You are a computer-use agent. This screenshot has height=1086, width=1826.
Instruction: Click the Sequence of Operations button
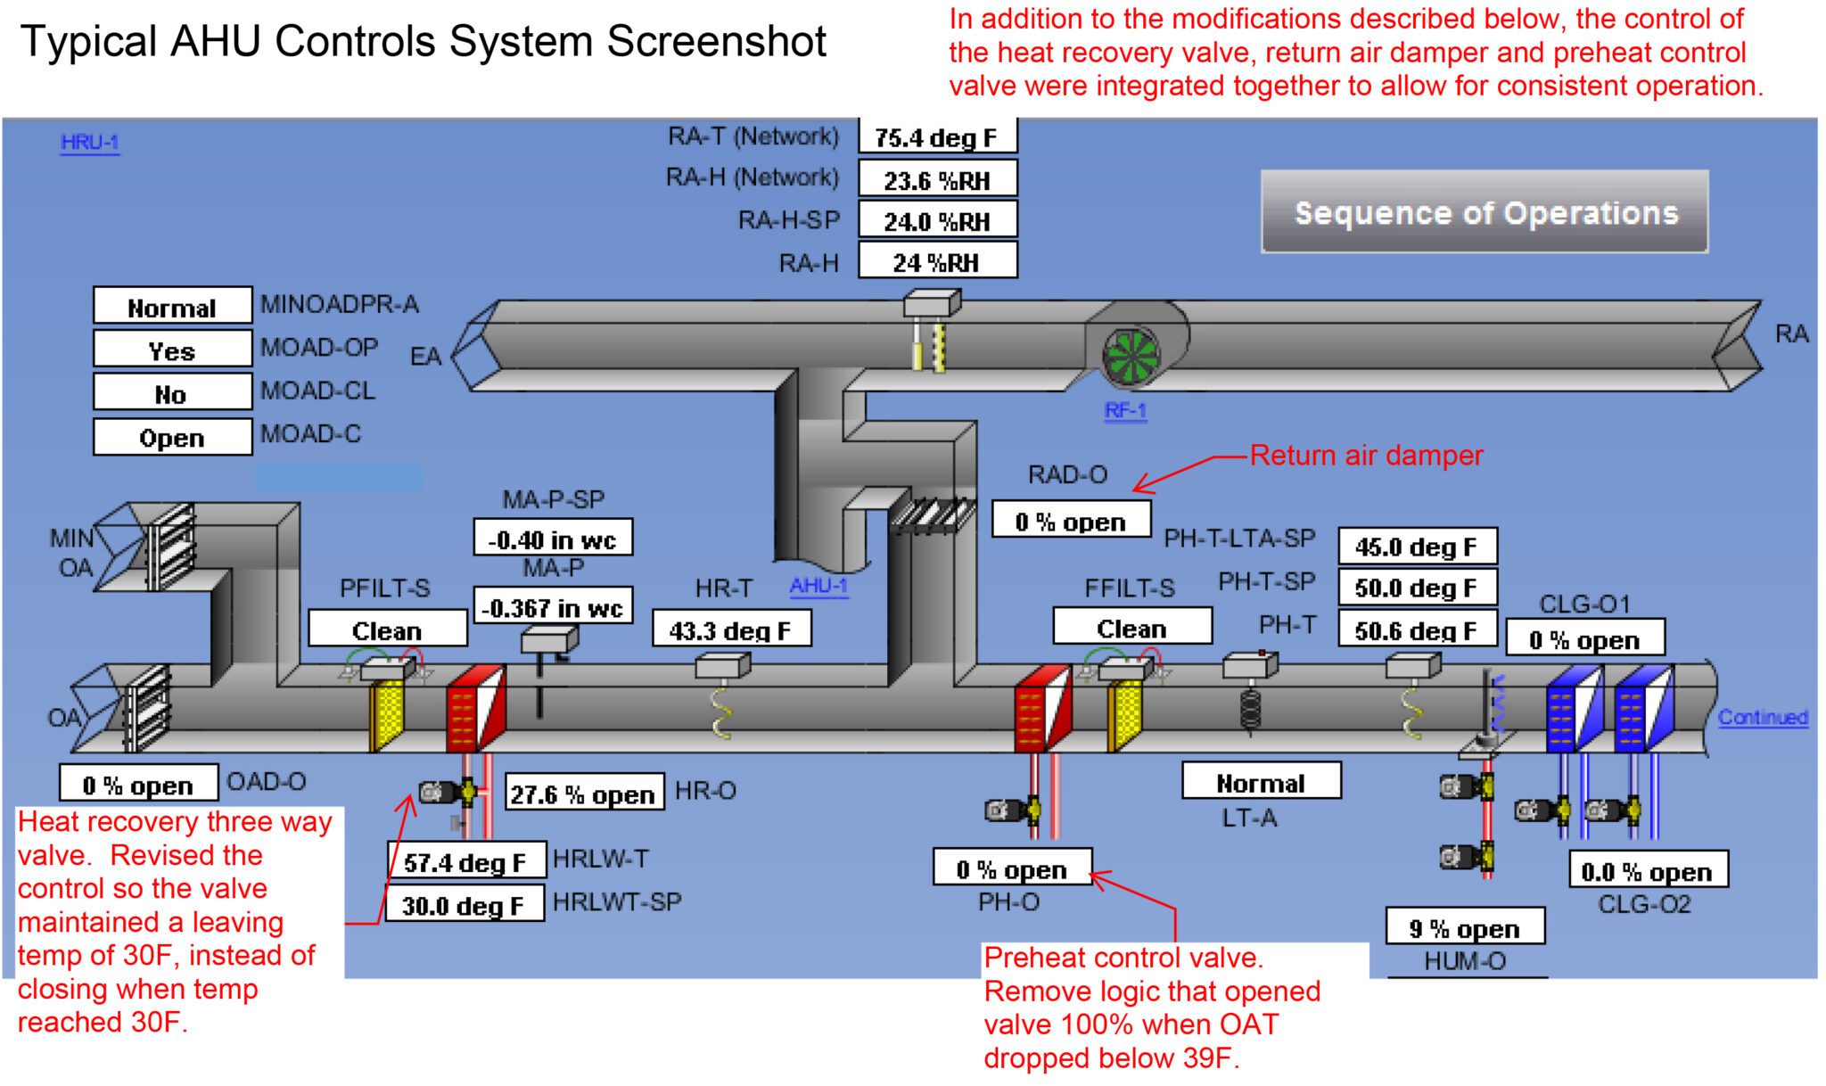1485,212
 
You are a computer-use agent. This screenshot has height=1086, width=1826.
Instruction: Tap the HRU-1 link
90,143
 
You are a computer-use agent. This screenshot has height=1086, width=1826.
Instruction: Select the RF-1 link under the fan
1125,411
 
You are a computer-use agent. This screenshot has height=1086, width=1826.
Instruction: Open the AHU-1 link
818,586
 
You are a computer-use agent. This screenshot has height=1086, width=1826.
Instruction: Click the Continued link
1763,718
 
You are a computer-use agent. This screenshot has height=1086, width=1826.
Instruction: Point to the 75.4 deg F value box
937,138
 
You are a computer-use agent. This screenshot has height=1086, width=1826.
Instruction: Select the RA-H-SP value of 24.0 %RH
937,221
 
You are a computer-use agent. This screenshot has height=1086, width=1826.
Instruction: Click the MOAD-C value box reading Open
172,438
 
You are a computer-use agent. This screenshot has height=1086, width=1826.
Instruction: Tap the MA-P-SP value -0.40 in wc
553,539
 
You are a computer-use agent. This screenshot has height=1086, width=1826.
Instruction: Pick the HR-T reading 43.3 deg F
731,630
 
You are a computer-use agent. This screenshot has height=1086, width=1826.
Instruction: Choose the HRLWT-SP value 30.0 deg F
464,905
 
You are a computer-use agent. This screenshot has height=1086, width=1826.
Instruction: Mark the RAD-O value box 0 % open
1071,522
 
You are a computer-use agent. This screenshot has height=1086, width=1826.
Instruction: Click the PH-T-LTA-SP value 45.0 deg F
1417,547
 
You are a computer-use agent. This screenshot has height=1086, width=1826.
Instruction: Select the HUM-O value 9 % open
1465,928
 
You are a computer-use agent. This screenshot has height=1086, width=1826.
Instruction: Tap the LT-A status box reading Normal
1261,783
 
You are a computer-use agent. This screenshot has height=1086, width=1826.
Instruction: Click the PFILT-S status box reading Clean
387,630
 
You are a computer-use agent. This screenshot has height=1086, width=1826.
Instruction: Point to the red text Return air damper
1366,456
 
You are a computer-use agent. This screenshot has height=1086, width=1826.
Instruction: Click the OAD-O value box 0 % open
138,785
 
